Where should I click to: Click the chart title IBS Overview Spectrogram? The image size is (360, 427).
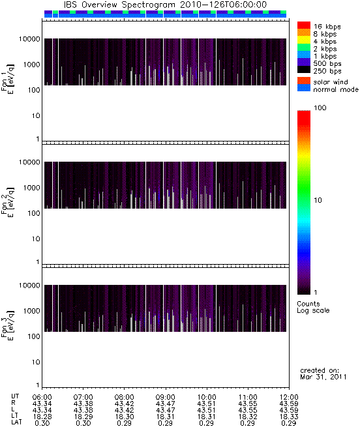point(119,5)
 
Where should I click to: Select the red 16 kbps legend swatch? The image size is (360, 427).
point(304,25)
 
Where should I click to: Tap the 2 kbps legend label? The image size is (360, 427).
point(325,49)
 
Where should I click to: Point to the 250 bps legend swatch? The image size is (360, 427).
point(304,70)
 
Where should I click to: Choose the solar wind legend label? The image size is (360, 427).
point(330,82)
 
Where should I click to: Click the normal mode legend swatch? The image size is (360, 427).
point(304,88)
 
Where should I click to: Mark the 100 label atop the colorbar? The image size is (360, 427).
point(320,108)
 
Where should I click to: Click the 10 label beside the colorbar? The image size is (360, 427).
point(318,200)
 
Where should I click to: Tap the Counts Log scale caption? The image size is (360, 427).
point(313,307)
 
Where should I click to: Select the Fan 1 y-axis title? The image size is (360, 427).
point(8,79)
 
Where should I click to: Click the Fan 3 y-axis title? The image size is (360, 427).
point(8,325)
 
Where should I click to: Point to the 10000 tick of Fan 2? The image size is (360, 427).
point(29,162)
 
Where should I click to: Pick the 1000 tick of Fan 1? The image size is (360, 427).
point(31,65)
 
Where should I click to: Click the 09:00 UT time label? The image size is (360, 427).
point(165,397)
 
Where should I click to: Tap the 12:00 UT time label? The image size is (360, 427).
point(289,397)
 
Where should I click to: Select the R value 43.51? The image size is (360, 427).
point(206,404)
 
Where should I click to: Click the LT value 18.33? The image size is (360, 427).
point(289,417)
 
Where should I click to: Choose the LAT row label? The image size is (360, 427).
point(16,422)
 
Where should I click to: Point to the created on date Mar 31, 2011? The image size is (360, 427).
point(323,377)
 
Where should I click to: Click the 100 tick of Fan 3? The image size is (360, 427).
point(34,336)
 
